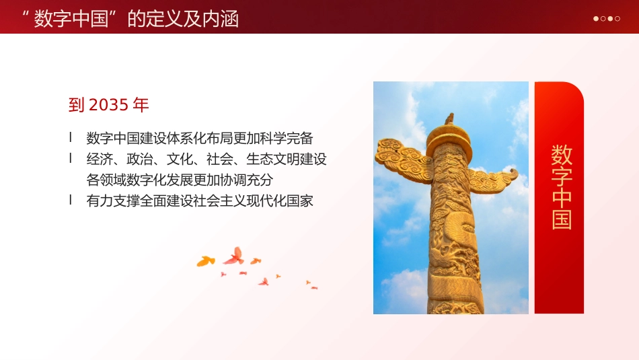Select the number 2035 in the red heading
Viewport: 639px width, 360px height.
[108, 105]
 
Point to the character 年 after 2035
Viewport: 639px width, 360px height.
[141, 105]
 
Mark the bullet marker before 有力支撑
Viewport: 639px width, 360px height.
[71, 200]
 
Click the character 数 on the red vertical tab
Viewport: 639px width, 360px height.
[562, 155]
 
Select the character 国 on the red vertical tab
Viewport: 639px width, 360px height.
[562, 219]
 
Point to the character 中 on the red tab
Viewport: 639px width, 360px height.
[562, 198]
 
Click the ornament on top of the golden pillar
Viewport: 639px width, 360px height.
[449, 120]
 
